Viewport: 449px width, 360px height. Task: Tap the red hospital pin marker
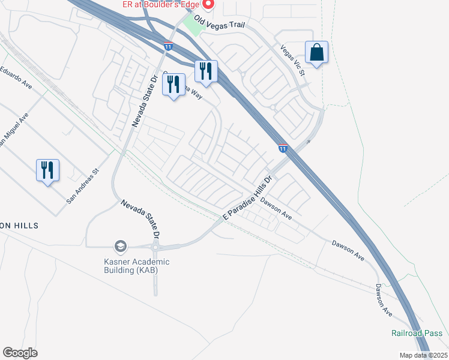point(209,5)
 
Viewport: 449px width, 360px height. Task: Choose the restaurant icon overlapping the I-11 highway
point(206,71)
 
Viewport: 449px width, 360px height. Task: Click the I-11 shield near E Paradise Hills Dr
point(283,148)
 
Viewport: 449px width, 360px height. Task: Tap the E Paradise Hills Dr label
point(248,197)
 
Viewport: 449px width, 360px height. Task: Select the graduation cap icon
point(120,246)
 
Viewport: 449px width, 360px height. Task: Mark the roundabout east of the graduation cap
point(155,247)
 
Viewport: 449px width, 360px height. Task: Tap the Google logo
point(20,353)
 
